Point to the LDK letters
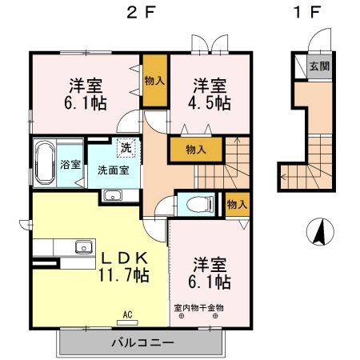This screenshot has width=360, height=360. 122,258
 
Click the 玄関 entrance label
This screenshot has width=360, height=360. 318,66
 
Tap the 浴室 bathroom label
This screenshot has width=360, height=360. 70,165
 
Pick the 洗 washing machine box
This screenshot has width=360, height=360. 126,147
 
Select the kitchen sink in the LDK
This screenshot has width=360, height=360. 84,246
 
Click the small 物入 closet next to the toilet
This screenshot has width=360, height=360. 236,205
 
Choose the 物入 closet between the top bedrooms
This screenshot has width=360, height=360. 154,79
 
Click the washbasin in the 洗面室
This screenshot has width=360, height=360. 111,196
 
